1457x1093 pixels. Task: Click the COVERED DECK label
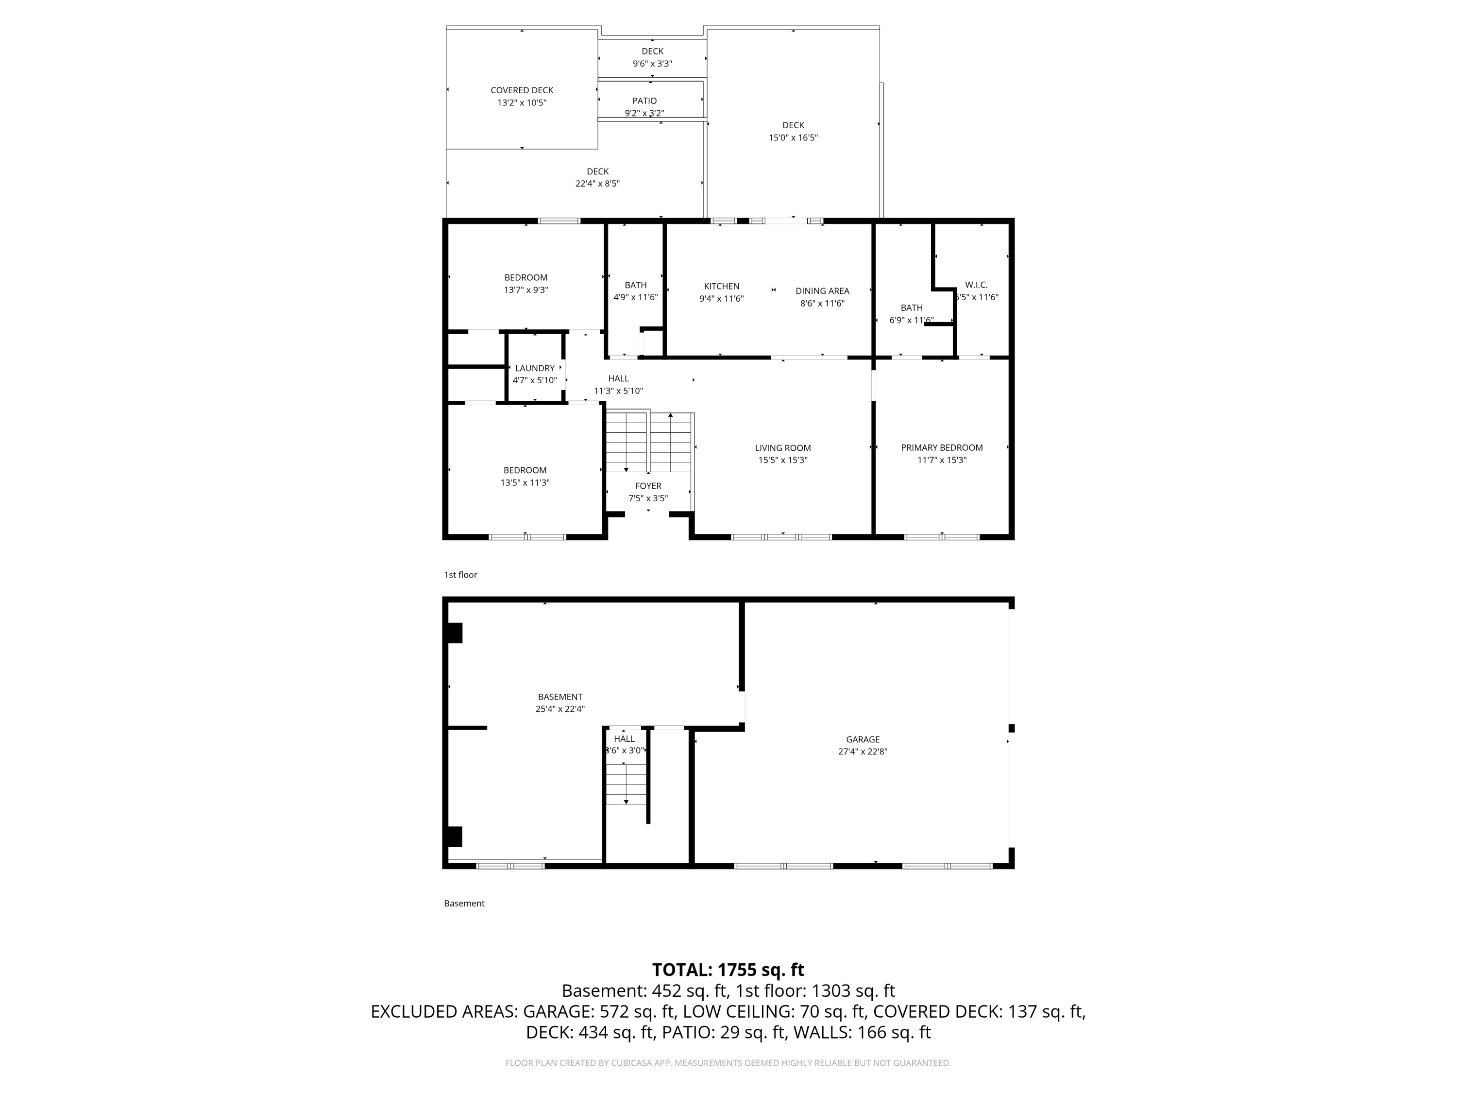(x=522, y=90)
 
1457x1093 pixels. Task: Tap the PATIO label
(x=644, y=101)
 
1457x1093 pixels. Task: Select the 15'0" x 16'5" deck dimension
(x=793, y=137)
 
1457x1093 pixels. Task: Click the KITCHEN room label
(x=721, y=286)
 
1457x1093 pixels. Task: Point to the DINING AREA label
(x=822, y=290)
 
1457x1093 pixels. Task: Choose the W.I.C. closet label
(x=976, y=285)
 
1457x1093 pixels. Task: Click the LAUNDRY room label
(x=534, y=368)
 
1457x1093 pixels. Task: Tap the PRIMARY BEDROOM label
(x=941, y=447)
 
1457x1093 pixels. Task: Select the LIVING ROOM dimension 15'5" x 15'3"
(x=782, y=460)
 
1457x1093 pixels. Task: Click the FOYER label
(x=648, y=486)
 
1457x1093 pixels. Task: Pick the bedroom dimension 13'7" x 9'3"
(x=525, y=290)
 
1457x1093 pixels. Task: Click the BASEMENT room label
(x=560, y=697)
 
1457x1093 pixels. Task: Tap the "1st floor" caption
(x=460, y=575)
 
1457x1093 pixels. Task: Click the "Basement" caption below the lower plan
(x=464, y=903)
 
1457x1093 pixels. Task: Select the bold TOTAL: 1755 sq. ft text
(x=728, y=970)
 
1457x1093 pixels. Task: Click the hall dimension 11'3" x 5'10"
(x=618, y=391)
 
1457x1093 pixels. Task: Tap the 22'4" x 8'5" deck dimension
(x=597, y=184)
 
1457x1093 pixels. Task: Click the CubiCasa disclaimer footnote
(x=728, y=1063)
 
